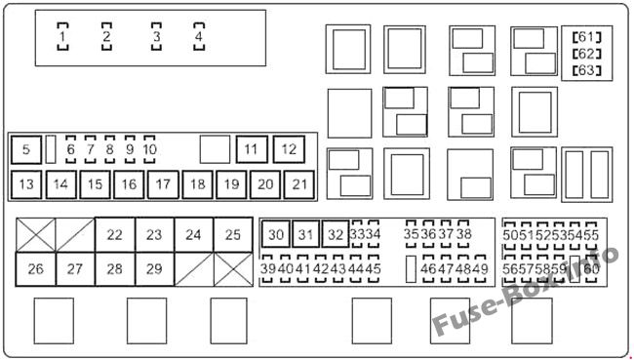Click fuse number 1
(x=62, y=36)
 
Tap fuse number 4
(x=199, y=36)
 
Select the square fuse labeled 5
(x=26, y=149)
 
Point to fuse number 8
(x=109, y=149)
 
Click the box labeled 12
(x=289, y=149)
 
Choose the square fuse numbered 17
(x=163, y=184)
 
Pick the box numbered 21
(x=299, y=184)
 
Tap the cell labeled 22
(x=115, y=234)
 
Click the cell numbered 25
(x=233, y=234)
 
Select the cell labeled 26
(x=35, y=269)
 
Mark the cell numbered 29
(x=154, y=269)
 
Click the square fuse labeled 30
(x=276, y=234)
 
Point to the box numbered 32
(x=336, y=234)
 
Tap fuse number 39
(x=267, y=268)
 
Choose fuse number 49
(x=480, y=268)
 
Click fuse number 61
(x=586, y=37)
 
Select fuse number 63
(x=586, y=70)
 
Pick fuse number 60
(x=591, y=268)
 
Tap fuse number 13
(x=26, y=184)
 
